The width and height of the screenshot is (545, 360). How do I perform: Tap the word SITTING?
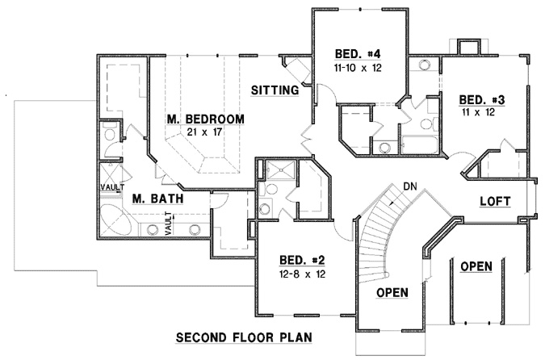click(x=275, y=90)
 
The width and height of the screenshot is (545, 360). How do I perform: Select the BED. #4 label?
click(x=357, y=55)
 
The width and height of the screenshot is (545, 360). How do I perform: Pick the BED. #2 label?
click(x=302, y=260)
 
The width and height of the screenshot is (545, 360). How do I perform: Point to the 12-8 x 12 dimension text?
click(x=302, y=274)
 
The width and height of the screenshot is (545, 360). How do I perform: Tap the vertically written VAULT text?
click(x=168, y=223)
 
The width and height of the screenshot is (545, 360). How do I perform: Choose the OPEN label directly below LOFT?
click(x=476, y=266)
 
